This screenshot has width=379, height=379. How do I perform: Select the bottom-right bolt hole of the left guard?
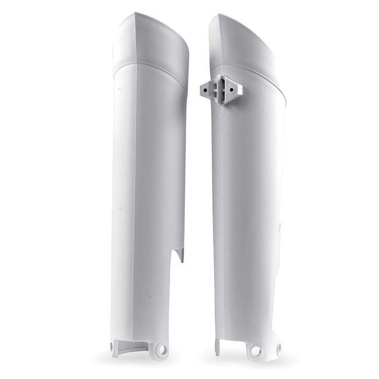(162, 350)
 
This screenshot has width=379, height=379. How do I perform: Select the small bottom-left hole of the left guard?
(112, 348)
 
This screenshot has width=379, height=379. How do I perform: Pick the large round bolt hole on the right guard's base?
(255, 351)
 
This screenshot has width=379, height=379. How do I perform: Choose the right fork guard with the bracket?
(248, 204)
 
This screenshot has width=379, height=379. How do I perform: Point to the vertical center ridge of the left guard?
(136, 204)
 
